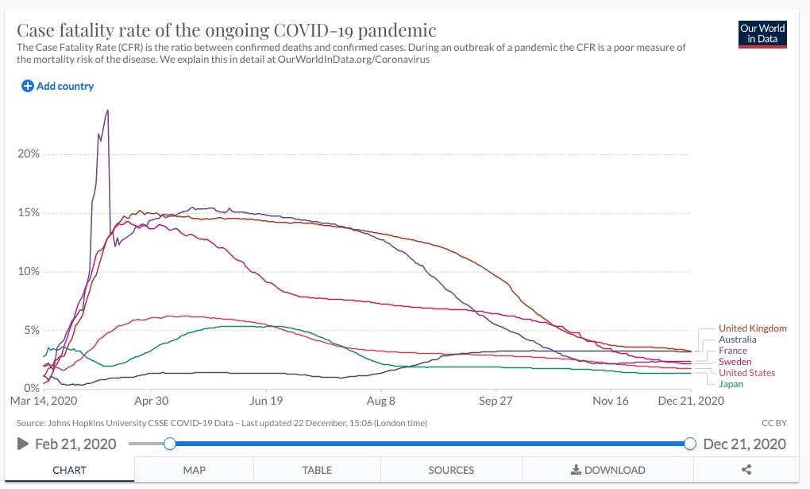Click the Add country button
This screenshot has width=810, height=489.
(57, 86)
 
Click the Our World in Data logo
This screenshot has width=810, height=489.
(762, 33)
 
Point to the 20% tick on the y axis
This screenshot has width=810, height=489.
(29, 153)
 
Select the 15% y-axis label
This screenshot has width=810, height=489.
(29, 212)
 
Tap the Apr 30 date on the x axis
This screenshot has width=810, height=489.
(151, 401)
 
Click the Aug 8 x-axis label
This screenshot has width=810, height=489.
(381, 401)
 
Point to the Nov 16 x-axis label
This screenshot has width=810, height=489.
(611, 401)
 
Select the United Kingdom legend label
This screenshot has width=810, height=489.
(752, 328)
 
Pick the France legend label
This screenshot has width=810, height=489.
(733, 351)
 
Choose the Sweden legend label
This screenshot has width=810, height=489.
(735, 362)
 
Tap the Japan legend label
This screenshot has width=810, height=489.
(731, 384)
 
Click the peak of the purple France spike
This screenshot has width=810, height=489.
(107, 111)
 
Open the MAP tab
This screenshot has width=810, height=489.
(194, 470)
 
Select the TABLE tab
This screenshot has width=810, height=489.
(317, 470)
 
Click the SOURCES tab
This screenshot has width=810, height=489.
(451, 470)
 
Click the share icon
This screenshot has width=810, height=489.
(746, 470)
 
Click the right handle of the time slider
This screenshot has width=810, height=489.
(690, 444)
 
